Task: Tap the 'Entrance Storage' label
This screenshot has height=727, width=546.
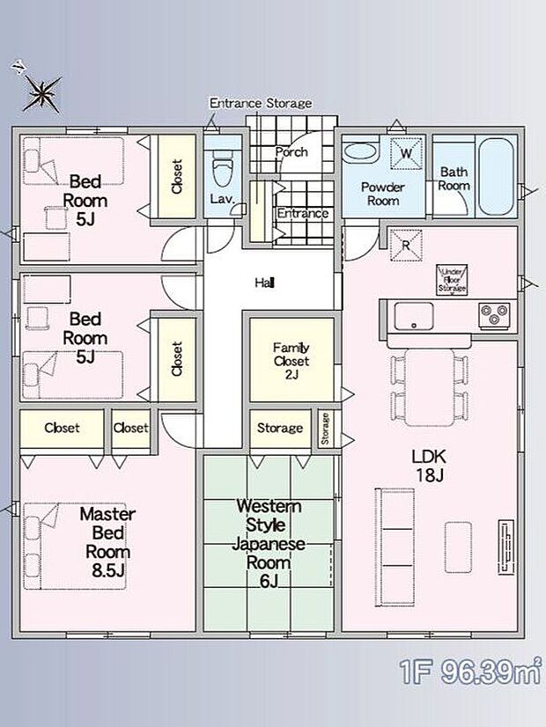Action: [x=260, y=103]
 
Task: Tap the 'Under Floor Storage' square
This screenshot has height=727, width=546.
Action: [x=453, y=280]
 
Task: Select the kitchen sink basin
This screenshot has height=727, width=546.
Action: [x=411, y=314]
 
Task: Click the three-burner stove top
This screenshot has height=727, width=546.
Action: [x=493, y=313]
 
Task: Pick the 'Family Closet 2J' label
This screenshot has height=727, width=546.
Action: [x=291, y=359]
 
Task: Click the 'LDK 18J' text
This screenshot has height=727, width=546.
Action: [x=430, y=466]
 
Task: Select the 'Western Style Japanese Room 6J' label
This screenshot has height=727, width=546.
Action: [x=269, y=543]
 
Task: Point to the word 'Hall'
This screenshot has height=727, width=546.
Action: [x=264, y=283]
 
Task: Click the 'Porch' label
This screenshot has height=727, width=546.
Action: [x=291, y=151]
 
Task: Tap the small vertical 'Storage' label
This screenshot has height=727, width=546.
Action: [x=325, y=429]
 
